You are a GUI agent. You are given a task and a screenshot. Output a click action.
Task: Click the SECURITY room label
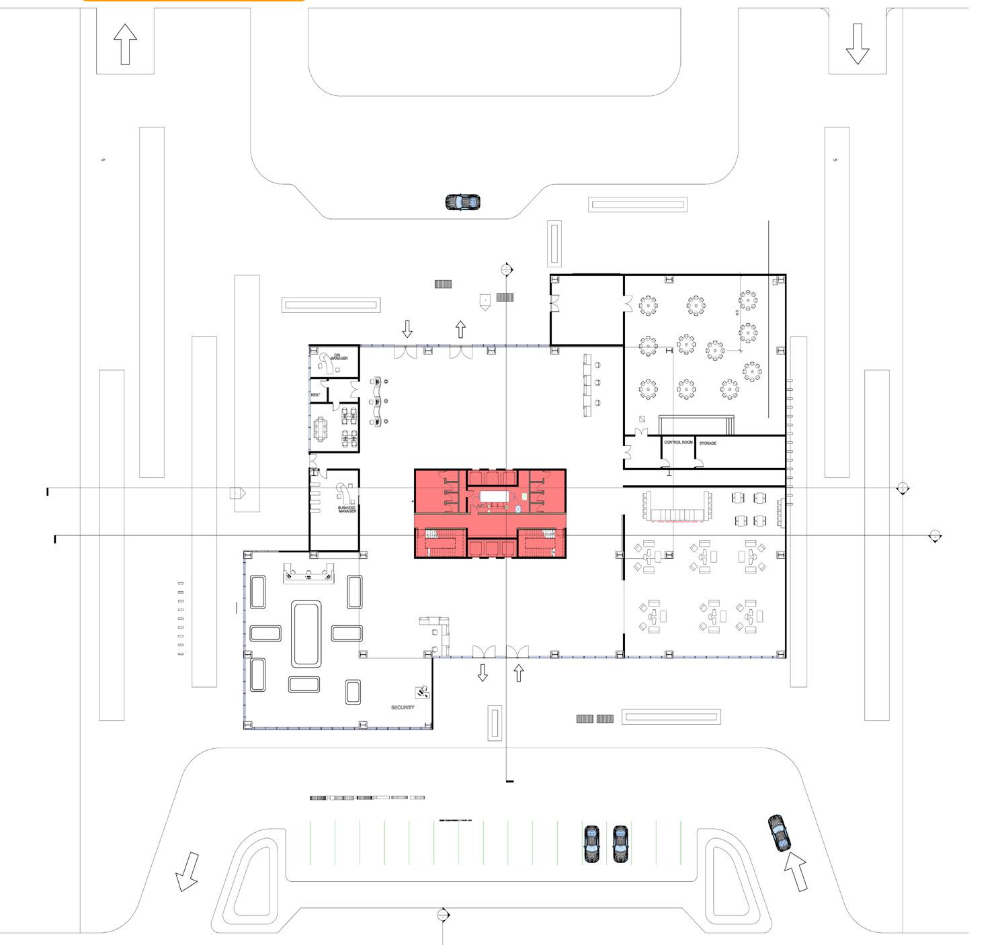[x=403, y=707]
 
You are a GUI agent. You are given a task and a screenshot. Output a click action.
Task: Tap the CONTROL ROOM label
[x=677, y=443]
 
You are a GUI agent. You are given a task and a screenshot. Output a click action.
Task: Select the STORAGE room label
[x=708, y=443]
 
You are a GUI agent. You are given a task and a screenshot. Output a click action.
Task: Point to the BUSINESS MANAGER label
[x=347, y=508]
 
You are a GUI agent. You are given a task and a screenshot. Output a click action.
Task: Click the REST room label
[x=315, y=395]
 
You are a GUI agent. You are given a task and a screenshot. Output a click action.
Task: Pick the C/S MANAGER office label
[x=339, y=357]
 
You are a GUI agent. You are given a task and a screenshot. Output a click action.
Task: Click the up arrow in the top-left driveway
[x=125, y=44]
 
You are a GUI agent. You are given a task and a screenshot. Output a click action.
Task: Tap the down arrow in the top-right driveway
[x=857, y=44]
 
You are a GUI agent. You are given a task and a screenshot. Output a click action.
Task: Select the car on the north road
[x=463, y=201]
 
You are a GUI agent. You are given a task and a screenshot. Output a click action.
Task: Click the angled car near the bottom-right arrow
[x=780, y=833]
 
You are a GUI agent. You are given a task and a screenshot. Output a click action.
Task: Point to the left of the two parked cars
[x=591, y=844]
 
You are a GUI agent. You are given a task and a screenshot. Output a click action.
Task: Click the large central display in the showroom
[x=306, y=634]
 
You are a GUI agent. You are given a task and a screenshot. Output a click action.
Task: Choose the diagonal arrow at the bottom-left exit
[x=187, y=871]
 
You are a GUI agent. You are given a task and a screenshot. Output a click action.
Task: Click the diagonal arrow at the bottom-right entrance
[x=795, y=870]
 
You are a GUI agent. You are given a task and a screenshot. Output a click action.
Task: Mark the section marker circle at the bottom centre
[x=442, y=915]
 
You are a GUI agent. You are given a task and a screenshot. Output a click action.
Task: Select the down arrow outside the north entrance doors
[x=407, y=329]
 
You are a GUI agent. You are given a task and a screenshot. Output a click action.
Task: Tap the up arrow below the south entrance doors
[x=518, y=672]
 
